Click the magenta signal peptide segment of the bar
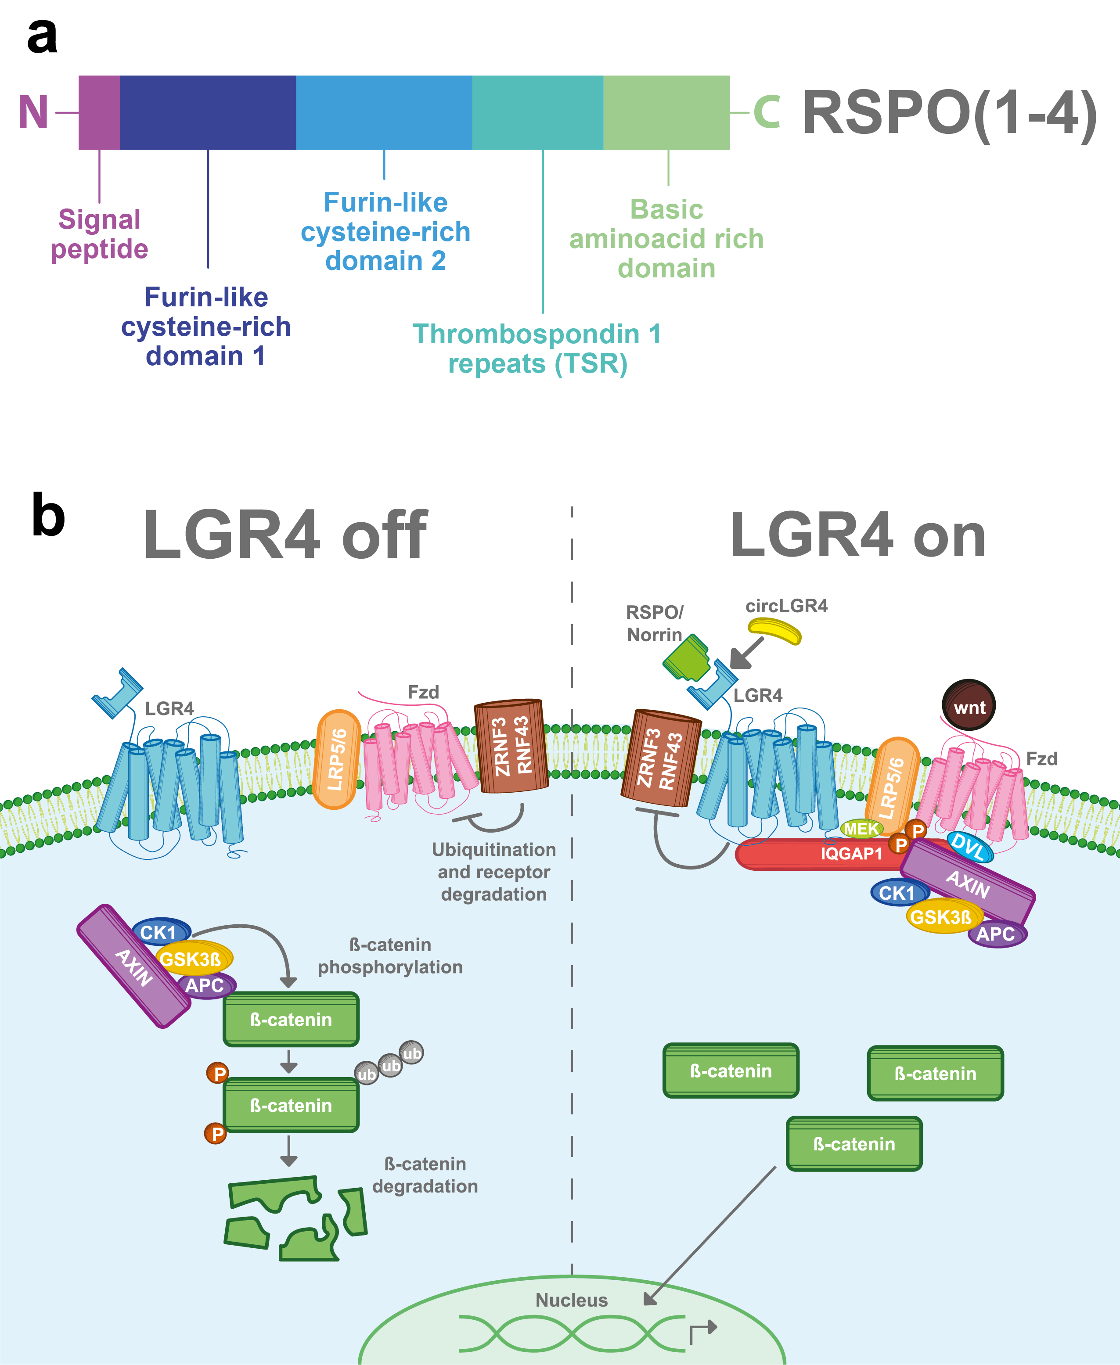click(99, 113)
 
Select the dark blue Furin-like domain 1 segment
click(208, 113)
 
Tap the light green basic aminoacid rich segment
click(666, 113)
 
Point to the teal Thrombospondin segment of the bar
click(537, 113)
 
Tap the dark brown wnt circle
click(969, 705)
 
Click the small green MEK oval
click(861, 829)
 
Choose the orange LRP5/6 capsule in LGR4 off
click(336, 760)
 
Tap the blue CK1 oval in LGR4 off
click(160, 932)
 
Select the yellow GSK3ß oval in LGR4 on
click(941, 916)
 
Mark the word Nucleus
click(572, 1300)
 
